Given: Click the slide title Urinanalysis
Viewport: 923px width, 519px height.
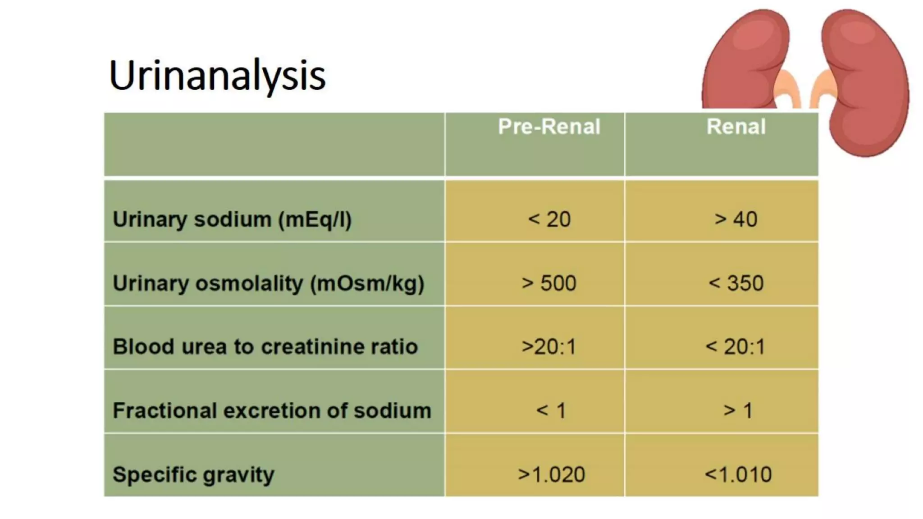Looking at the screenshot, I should pyautogui.click(x=217, y=76).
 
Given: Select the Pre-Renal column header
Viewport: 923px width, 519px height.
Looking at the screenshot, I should pyautogui.click(x=549, y=127).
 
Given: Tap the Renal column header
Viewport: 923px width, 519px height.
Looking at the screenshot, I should pyautogui.click(x=736, y=127).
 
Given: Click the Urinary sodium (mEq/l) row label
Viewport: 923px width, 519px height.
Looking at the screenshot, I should pyautogui.click(x=232, y=220).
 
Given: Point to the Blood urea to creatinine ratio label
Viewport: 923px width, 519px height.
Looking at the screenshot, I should pyautogui.click(x=265, y=347).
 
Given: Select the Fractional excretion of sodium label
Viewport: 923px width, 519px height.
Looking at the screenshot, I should pyautogui.click(x=272, y=411).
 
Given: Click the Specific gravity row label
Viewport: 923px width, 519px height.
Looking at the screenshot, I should pyautogui.click(x=193, y=475).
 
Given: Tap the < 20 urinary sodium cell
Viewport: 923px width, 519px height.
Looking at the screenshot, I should pyautogui.click(x=549, y=220).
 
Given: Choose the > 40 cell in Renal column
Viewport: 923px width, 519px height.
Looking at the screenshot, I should pyautogui.click(x=736, y=220).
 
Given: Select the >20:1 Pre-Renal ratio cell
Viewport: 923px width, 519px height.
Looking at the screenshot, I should pyautogui.click(x=549, y=347).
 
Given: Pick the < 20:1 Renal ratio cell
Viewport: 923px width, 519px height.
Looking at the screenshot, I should pyautogui.click(x=736, y=347).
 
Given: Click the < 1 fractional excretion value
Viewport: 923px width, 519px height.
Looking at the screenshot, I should pyautogui.click(x=551, y=411).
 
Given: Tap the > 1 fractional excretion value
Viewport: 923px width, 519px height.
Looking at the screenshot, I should pyautogui.click(x=738, y=411).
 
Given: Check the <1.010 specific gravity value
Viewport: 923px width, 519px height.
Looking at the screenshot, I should pyautogui.click(x=738, y=475).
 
